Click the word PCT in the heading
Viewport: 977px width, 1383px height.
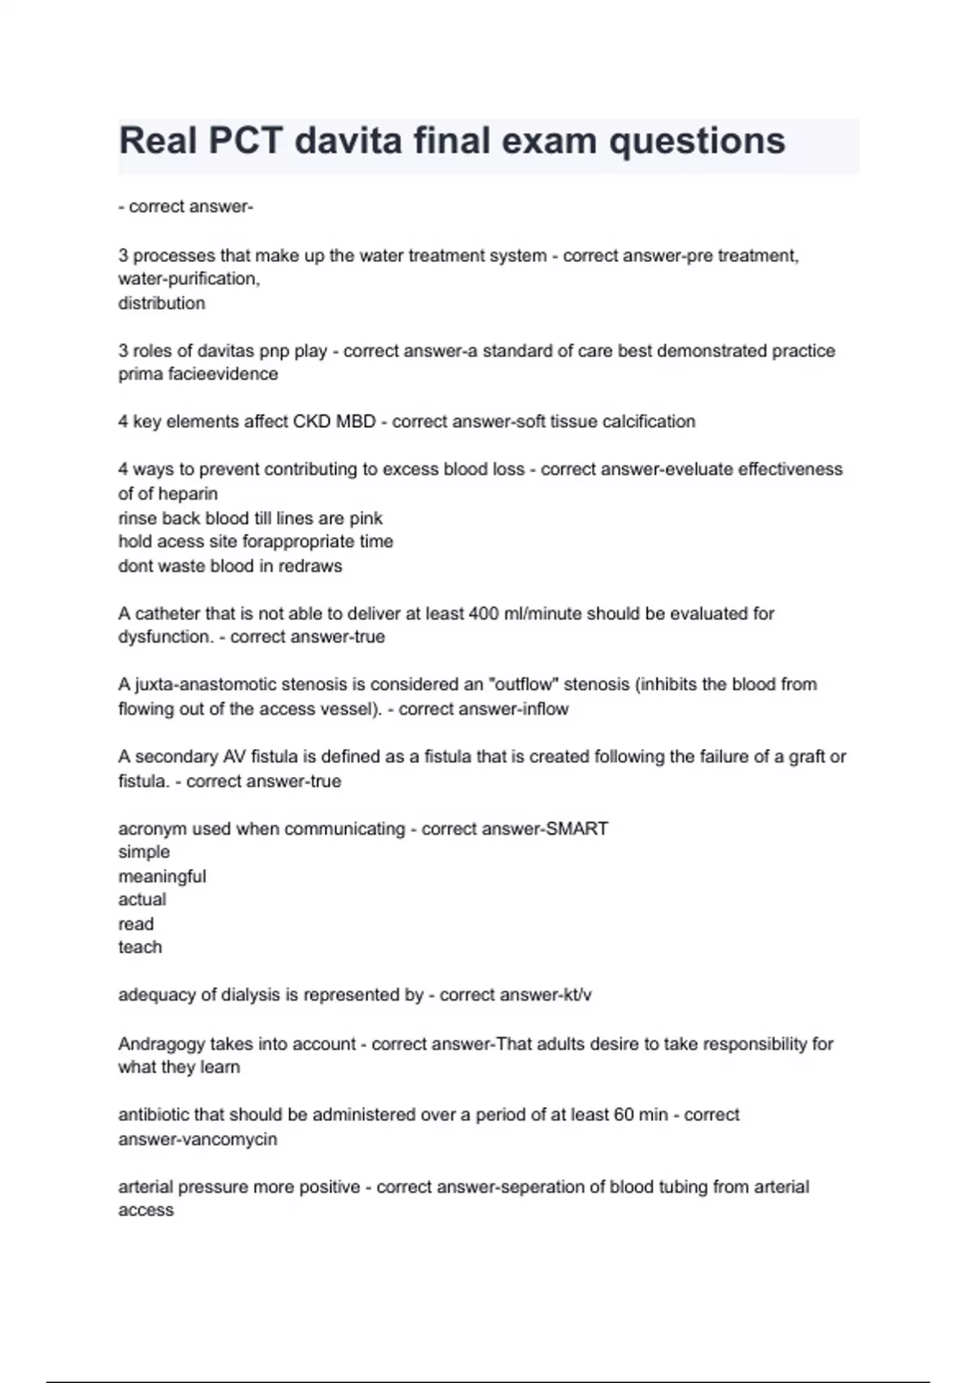tap(245, 142)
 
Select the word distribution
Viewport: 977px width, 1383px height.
tap(161, 303)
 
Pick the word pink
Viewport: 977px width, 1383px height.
tap(366, 518)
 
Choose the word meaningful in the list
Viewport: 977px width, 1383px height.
tap(162, 876)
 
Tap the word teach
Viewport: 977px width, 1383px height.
tap(140, 947)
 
